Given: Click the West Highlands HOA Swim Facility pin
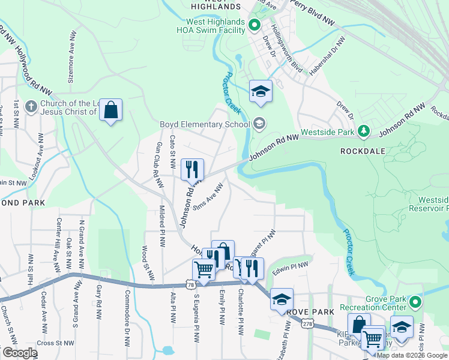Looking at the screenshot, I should coord(253,25).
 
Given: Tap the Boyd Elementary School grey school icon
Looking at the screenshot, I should coord(259,124).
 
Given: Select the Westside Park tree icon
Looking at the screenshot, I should coord(363,130).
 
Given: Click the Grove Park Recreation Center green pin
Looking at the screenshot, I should coord(414,302).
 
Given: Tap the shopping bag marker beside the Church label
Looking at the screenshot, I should coord(110,110).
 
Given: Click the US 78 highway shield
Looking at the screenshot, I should coord(190,286).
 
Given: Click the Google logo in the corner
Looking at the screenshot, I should coord(19,353).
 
